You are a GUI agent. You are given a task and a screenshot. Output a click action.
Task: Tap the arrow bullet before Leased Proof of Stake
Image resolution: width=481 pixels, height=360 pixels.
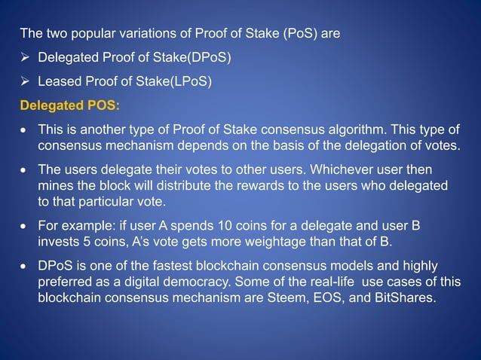(x=25, y=81)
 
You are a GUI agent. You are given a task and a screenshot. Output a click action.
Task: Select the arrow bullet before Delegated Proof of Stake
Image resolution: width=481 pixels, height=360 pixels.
(x=25, y=57)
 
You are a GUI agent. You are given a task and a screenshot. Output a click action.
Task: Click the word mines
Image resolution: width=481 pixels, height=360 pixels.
(x=55, y=185)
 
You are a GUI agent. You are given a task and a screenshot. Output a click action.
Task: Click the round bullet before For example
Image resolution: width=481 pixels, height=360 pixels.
(x=26, y=227)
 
